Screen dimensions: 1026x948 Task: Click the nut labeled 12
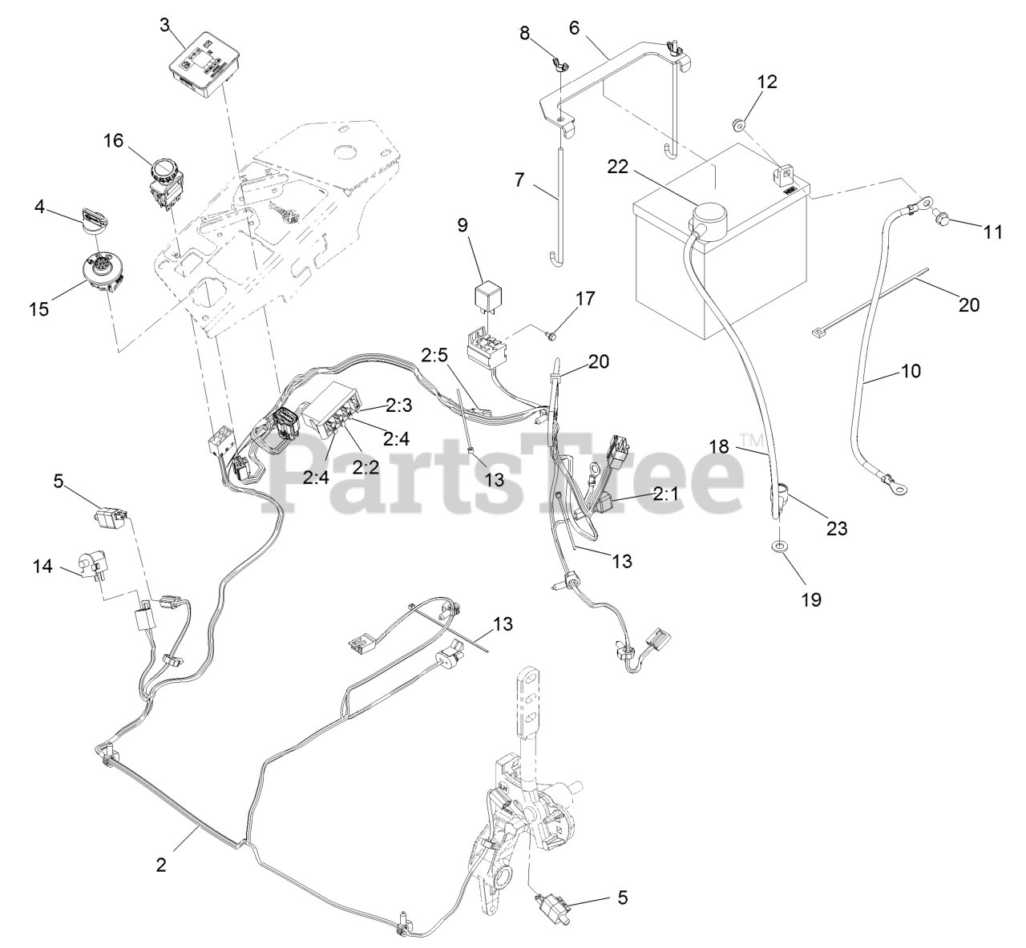coord(737,123)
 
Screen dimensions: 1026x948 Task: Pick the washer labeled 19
coord(780,547)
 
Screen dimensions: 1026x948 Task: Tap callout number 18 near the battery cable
coord(718,446)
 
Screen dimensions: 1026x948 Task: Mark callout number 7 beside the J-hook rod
coord(519,180)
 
